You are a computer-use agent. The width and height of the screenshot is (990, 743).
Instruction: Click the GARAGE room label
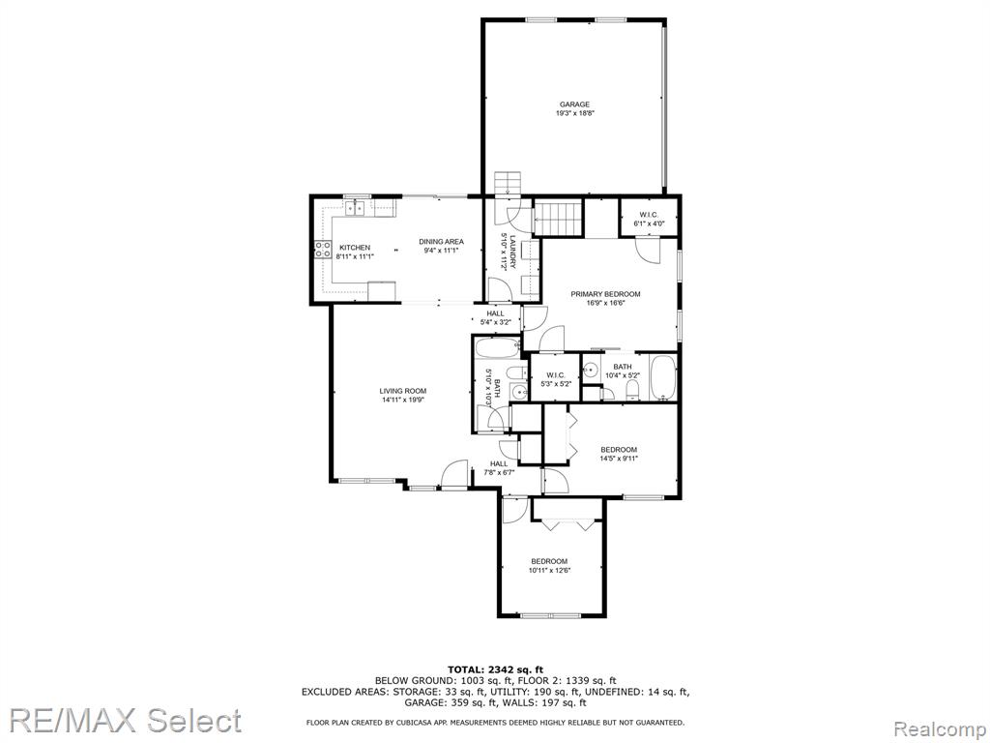[574, 104]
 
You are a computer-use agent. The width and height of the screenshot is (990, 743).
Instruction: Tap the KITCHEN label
[355, 248]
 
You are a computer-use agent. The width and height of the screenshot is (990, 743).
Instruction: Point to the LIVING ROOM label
[403, 391]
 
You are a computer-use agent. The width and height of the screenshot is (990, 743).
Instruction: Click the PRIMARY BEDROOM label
[605, 294]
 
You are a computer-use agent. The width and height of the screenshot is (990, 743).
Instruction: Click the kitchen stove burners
[323, 250]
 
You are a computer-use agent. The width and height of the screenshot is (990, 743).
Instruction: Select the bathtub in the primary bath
[662, 377]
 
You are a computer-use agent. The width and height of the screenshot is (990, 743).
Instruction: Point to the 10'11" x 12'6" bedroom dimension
[549, 571]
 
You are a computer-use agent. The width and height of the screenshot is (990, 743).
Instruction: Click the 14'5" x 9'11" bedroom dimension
[619, 459]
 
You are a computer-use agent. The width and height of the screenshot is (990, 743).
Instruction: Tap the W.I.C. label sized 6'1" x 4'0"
[649, 220]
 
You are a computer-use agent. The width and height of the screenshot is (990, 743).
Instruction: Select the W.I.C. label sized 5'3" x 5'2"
[555, 379]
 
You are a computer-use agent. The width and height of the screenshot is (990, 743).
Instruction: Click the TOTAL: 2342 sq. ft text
[496, 669]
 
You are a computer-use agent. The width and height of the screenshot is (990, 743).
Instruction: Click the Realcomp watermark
[940, 729]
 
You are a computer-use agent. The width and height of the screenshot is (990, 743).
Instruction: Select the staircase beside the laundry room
[558, 219]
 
